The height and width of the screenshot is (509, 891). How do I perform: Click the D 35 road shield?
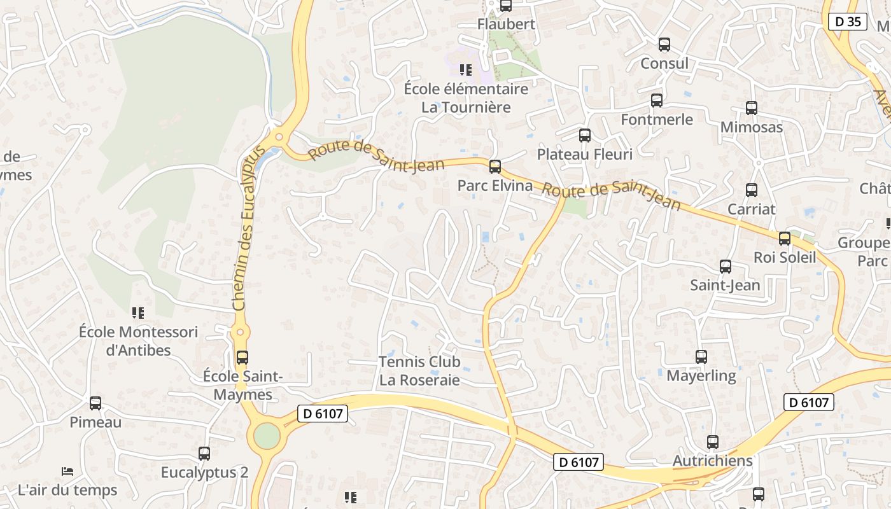click(x=848, y=22)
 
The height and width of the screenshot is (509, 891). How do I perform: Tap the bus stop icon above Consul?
click(x=664, y=45)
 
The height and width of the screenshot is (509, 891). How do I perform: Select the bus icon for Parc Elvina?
click(x=495, y=167)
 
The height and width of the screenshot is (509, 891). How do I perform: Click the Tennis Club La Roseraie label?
click(x=419, y=371)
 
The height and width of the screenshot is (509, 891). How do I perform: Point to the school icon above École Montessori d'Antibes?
click(x=138, y=312)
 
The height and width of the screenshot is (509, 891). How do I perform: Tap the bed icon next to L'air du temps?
click(x=67, y=471)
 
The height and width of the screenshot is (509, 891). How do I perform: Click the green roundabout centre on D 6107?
click(x=267, y=436)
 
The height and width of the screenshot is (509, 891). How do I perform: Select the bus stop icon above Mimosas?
click(x=752, y=108)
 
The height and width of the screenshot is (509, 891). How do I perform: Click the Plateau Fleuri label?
click(x=584, y=155)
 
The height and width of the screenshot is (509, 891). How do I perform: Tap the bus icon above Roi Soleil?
click(x=785, y=239)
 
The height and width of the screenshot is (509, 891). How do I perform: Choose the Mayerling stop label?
click(x=701, y=376)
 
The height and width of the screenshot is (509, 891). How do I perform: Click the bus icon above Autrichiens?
click(x=713, y=442)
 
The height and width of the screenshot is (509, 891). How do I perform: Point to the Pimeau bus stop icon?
click(x=95, y=403)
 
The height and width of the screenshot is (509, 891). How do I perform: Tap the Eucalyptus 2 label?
click(x=204, y=473)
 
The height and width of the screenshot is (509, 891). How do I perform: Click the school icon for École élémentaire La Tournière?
click(x=466, y=69)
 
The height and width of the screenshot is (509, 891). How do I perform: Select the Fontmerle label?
click(x=657, y=120)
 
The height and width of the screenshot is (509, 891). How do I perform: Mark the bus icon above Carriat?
click(x=752, y=190)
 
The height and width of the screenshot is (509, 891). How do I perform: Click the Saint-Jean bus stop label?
click(x=725, y=286)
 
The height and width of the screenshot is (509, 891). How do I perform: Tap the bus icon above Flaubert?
click(x=506, y=6)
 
